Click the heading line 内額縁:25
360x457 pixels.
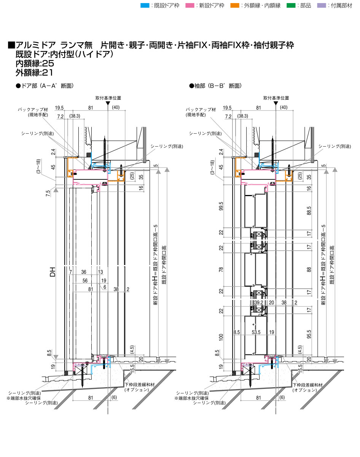[35, 63]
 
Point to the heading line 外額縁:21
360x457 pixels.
[34, 72]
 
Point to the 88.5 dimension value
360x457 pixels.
[309, 211]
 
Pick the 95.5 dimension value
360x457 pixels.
[309, 334]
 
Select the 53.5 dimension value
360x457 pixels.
[256, 332]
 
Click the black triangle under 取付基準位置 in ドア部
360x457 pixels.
[108, 103]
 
